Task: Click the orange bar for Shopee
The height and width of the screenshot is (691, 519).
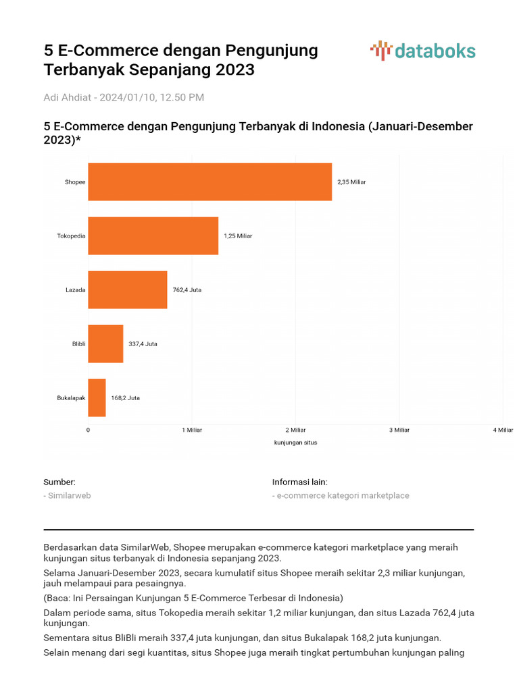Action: [209, 182]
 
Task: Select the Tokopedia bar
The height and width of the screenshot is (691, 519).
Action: [153, 236]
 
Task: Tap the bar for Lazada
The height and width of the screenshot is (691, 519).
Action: [127, 289]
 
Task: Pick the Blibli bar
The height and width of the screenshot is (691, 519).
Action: [105, 343]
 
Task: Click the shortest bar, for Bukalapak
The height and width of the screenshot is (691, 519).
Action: [97, 397]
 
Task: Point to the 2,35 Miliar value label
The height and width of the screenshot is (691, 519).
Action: [351, 182]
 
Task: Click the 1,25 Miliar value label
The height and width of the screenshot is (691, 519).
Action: [238, 236]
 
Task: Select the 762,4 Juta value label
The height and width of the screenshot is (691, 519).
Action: [187, 290]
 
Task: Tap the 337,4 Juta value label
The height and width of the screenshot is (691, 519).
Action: [143, 344]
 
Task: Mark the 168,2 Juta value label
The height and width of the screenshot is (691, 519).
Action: [126, 398]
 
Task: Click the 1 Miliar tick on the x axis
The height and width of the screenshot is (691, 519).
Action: [192, 430]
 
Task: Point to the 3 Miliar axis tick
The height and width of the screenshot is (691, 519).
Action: [399, 430]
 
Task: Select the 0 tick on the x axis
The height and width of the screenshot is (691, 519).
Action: [88, 430]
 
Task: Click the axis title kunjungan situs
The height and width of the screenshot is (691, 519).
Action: [295, 443]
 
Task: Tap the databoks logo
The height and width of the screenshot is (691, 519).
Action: [423, 51]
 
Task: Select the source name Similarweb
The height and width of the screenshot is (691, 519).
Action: [68, 495]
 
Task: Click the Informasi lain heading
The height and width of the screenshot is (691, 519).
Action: [299, 482]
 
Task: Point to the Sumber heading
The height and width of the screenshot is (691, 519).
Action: [59, 482]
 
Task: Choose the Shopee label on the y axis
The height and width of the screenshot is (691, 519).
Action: [75, 182]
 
